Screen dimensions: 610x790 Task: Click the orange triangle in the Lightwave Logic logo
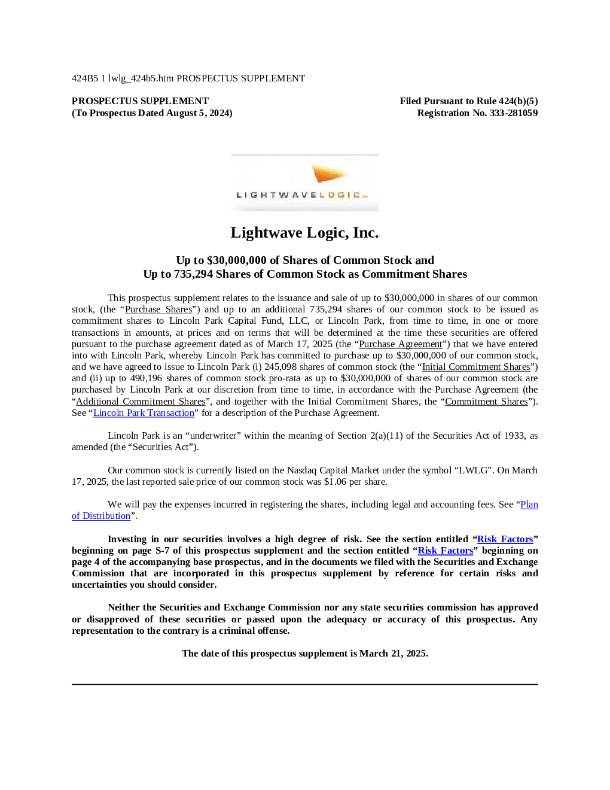[x=328, y=173]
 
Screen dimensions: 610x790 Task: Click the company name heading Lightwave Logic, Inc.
[x=304, y=233]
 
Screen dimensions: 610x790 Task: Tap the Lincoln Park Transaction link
[x=144, y=412]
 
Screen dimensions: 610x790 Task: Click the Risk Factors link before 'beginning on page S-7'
[x=505, y=539]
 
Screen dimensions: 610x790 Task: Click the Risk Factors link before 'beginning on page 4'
[x=446, y=551]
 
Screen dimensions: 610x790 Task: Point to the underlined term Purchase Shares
[x=158, y=309]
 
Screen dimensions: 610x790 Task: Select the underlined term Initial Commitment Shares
[x=476, y=367]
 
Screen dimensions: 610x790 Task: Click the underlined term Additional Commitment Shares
[x=141, y=402]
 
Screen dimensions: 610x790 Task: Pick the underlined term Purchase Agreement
[x=401, y=344]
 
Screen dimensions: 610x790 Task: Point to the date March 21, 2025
[x=394, y=654]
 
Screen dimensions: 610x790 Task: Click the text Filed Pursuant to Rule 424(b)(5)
[x=469, y=101]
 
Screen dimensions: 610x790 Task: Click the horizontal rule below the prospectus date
[x=305, y=685]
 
